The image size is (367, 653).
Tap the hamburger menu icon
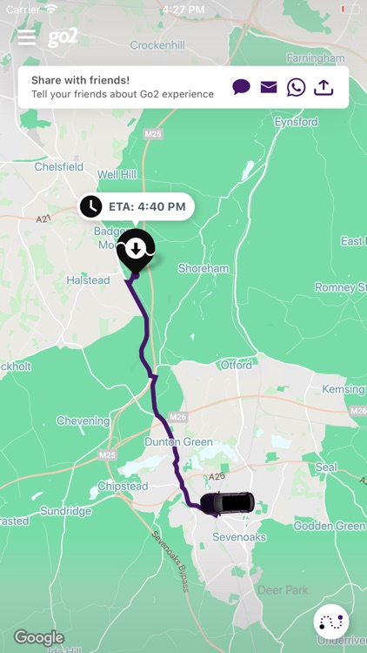tap(27, 37)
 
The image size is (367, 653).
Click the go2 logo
tap(63, 37)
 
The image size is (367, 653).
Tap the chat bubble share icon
tap(241, 87)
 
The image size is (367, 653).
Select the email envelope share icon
tap(269, 87)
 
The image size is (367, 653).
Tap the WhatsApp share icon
tap(297, 87)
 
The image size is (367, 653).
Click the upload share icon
tap(324, 87)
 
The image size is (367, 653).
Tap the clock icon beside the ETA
tap(90, 206)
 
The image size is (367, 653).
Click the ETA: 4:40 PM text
tap(148, 207)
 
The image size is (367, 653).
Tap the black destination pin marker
tap(136, 250)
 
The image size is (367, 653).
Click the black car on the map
tap(227, 502)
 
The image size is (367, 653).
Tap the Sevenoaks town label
tap(239, 537)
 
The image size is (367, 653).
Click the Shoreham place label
tap(203, 269)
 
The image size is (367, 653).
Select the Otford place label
tap(236, 366)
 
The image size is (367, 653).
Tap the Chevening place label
tap(83, 421)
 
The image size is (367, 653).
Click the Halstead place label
tap(89, 280)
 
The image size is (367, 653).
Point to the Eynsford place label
tap(296, 123)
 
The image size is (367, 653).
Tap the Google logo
tap(39, 637)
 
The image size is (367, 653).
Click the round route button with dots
tap(331, 622)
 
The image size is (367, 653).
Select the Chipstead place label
tap(123, 486)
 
